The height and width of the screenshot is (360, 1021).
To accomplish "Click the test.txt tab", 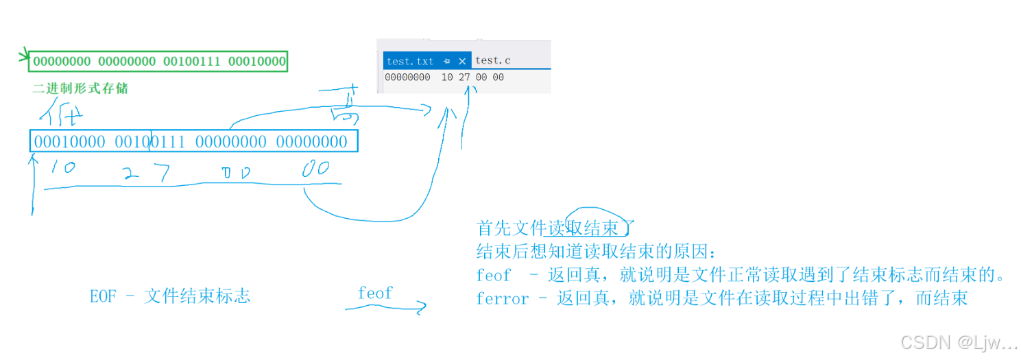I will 410,61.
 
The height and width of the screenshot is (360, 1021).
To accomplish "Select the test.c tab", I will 492,61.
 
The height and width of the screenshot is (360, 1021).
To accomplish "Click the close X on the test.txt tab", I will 462,61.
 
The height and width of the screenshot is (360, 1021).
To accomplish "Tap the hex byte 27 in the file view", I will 464,77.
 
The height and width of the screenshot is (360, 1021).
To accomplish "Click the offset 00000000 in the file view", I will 407,77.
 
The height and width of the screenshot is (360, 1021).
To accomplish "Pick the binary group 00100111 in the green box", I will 191,62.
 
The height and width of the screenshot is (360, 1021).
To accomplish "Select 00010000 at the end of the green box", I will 256,62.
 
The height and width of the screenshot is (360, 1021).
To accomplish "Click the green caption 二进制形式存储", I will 80,88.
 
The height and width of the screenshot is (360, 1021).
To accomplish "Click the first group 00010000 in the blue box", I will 70,142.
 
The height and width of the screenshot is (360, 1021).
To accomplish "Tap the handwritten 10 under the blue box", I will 63,167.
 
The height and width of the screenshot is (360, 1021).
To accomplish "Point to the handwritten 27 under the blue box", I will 147,173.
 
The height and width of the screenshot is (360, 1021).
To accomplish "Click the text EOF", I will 104,296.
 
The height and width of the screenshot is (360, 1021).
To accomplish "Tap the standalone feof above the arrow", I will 375,293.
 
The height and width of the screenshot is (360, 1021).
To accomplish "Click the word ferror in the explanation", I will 503,298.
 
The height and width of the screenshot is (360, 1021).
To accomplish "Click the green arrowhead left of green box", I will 24,56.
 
